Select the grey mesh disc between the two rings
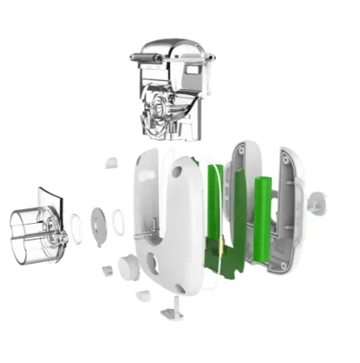point(96,223)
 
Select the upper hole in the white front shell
point(177,172)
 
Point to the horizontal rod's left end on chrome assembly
point(134,56)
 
